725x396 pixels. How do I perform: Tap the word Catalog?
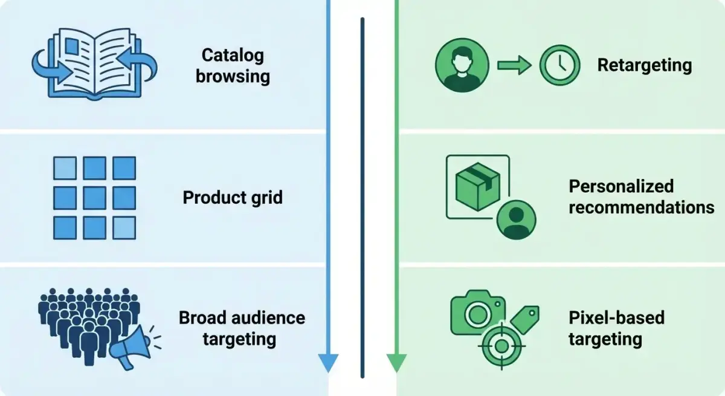tap(233, 56)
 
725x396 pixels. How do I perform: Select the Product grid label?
tap(233, 198)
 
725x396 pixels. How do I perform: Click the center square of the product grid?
tap(94, 197)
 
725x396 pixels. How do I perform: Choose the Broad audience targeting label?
tap(242, 328)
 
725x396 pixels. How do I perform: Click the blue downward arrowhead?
tap(327, 363)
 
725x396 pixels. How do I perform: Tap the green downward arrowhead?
tap(396, 363)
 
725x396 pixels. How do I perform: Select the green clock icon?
tap(559, 65)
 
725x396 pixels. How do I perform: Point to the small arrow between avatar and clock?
tap(513, 65)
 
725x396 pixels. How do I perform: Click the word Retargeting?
tap(645, 65)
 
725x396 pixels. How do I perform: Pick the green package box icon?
tap(477, 184)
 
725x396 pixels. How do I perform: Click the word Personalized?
tap(621, 186)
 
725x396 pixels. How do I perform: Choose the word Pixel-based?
tap(616, 317)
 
